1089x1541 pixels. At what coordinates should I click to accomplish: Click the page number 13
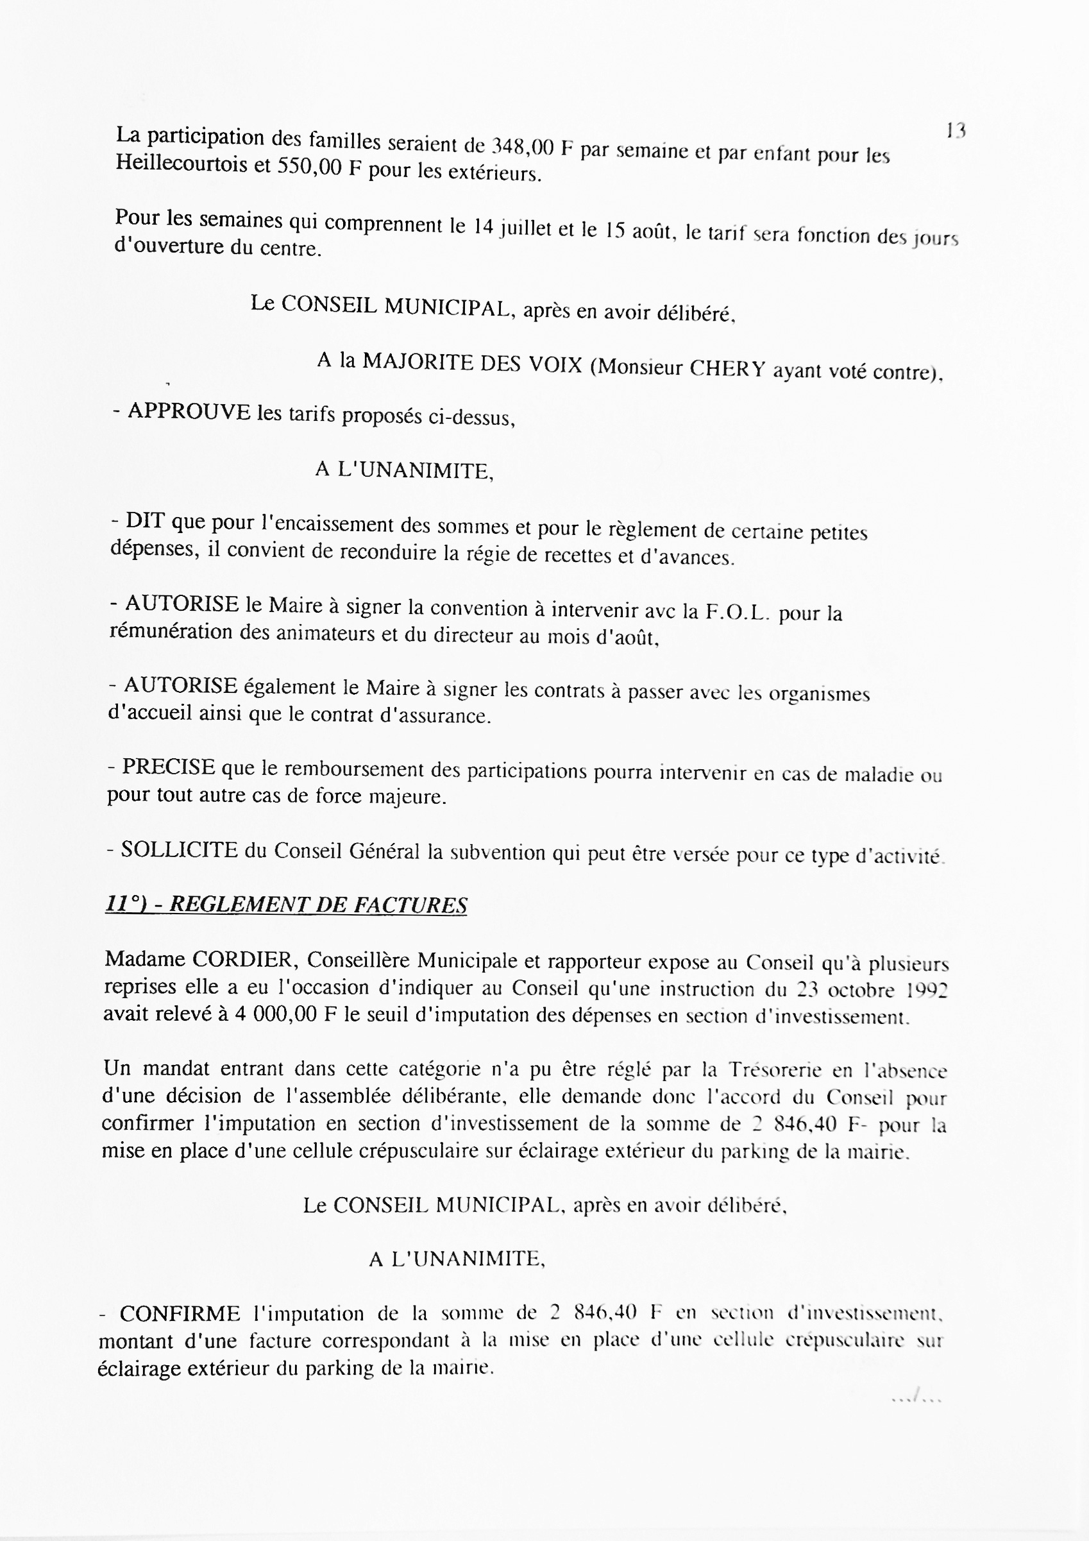click(x=955, y=130)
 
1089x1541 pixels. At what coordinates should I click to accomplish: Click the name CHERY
click(x=727, y=368)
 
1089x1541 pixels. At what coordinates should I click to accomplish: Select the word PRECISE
click(x=169, y=767)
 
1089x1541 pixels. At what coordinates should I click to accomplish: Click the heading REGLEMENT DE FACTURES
click(x=318, y=905)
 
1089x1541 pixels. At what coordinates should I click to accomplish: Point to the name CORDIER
click(x=244, y=959)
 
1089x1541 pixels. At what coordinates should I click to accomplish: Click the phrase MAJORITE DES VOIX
click(x=473, y=364)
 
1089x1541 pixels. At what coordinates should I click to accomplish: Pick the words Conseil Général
click(x=346, y=852)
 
